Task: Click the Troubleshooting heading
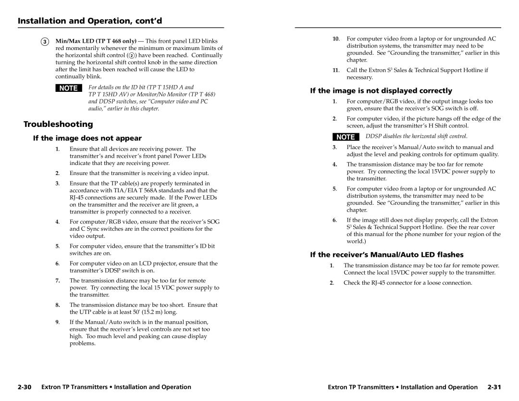point(59,124)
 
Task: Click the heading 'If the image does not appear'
point(87,138)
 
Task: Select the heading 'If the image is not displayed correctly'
point(381,90)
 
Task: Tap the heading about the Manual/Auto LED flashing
point(387,254)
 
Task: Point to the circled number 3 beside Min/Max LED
point(44,41)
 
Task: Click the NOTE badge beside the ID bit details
point(68,88)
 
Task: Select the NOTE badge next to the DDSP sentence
point(345,137)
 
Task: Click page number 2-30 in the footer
point(25,387)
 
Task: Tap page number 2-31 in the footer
point(494,387)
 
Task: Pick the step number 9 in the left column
point(58,322)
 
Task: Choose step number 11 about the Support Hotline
point(336,70)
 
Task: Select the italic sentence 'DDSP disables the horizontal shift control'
point(416,137)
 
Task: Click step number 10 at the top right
point(336,38)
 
